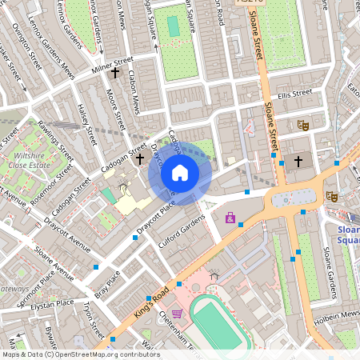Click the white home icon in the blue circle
pyautogui.click(x=180, y=173)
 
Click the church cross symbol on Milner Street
pyautogui.click(x=115, y=74)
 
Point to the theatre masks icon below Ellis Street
pyautogui.click(x=302, y=125)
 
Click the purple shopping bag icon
pyautogui.click(x=230, y=217)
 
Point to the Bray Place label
pyautogui.click(x=107, y=283)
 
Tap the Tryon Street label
pyautogui.click(x=93, y=320)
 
